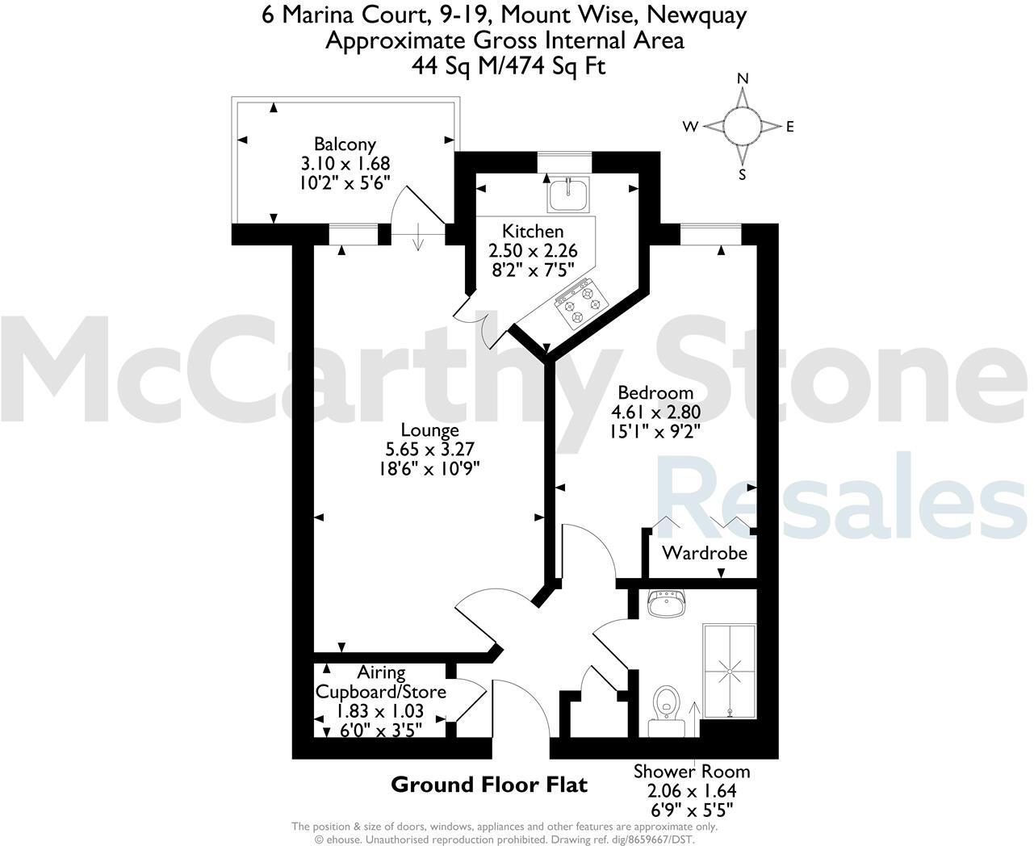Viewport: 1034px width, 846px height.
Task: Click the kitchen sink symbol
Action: [568, 195]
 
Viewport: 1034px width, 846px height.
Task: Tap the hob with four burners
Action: [580, 305]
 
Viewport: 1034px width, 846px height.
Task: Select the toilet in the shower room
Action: [665, 702]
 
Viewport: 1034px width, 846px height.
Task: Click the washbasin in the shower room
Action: [666, 603]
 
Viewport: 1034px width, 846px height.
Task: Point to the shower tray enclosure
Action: [729, 670]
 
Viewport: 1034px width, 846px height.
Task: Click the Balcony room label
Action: [345, 144]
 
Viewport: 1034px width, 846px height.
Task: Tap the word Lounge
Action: [433, 430]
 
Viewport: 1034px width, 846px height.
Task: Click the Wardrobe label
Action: [704, 554]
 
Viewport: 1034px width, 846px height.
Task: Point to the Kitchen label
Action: [533, 232]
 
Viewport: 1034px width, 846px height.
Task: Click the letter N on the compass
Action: [743, 79]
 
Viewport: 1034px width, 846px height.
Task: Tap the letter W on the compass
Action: [690, 126]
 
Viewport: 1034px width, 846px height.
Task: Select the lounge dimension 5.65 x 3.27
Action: [433, 450]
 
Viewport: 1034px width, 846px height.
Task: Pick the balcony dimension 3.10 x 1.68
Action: [345, 163]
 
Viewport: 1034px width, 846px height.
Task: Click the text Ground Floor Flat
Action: [489, 784]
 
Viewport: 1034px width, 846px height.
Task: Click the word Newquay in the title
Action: [699, 15]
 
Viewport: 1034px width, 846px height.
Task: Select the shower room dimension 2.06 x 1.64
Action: [691, 791]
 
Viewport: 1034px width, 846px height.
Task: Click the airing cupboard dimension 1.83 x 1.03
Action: [379, 712]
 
